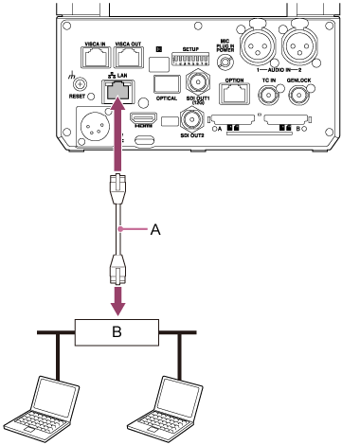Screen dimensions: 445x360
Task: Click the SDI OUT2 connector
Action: point(193,121)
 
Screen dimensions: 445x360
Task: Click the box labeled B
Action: point(117,333)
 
